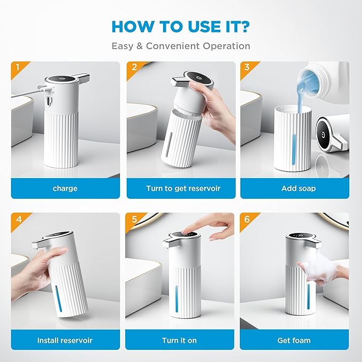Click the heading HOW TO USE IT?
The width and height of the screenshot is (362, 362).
pos(181,27)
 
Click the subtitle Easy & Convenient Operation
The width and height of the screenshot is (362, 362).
pos(181,46)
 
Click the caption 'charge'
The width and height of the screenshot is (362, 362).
pos(65,189)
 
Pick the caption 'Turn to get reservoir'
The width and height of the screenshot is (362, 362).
pos(183,188)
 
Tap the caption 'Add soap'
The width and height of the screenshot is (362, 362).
pos(299,188)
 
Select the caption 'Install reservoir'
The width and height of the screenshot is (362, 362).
pos(65,340)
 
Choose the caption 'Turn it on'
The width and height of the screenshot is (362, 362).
pos(179,340)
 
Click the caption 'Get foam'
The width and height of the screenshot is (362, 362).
pos(294,340)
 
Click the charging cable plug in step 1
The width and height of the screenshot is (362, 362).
pos(45,89)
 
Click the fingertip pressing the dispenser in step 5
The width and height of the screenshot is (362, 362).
pos(184,231)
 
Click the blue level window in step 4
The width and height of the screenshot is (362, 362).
pos(59,299)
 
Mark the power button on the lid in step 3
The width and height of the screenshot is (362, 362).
pos(323,135)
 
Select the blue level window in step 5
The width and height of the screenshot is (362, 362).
pos(176,299)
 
